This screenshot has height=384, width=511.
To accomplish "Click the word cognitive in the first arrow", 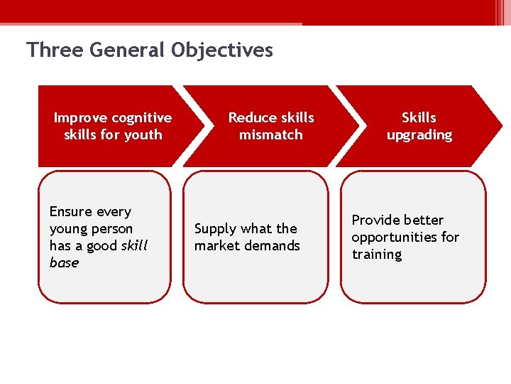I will tap(139, 117).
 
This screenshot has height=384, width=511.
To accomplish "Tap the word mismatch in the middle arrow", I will tap(270, 134).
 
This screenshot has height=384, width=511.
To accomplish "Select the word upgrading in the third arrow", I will tap(419, 134).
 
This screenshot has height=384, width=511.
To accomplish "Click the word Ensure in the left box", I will tap(70, 211).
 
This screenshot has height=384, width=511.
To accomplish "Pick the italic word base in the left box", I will tap(64, 262).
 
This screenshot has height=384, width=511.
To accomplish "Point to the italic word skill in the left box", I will tap(135, 245).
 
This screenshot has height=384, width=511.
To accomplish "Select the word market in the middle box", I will tap(216, 246).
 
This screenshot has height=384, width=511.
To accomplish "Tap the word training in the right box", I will tap(377, 254).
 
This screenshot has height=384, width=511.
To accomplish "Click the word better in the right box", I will tap(424, 220).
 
